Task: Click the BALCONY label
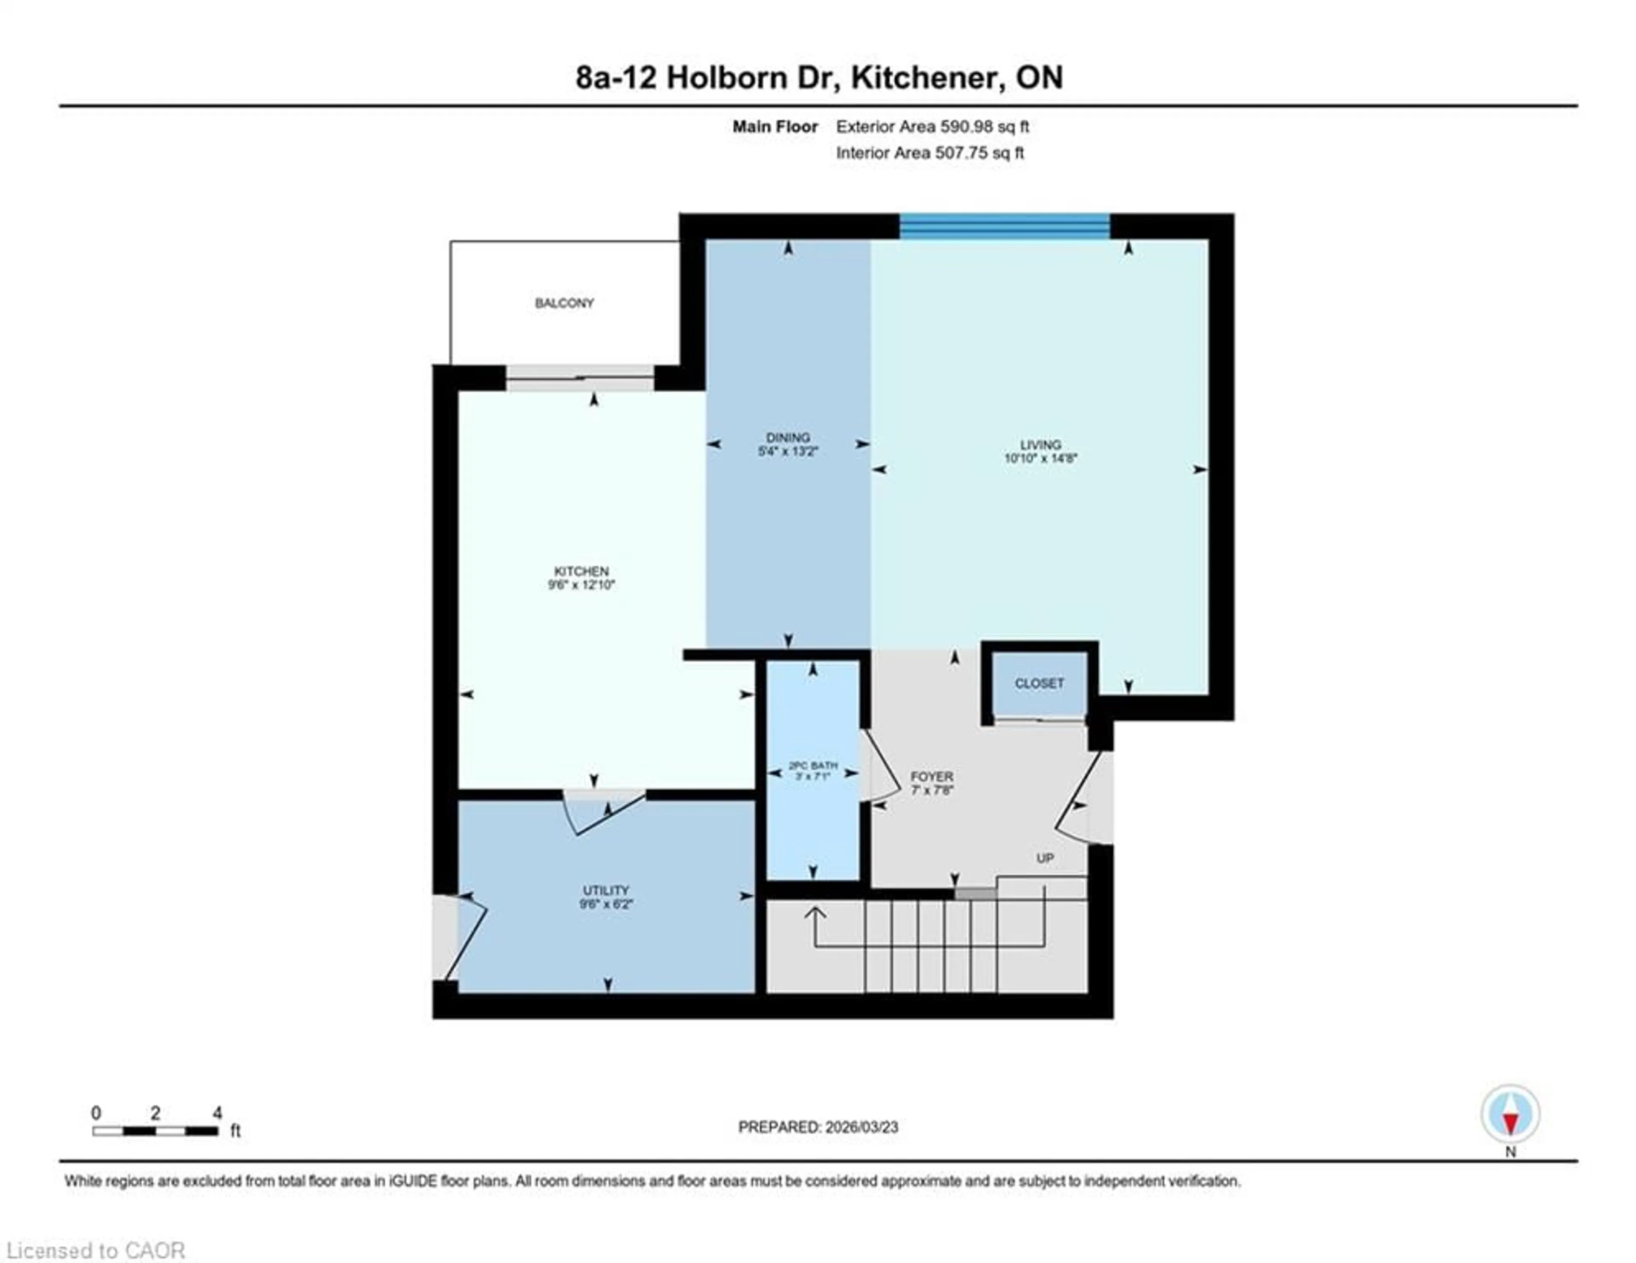point(564,303)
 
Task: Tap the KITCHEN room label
point(581,571)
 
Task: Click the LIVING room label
point(1040,444)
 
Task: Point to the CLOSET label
point(1039,683)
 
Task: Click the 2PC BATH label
point(813,766)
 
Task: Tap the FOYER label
point(932,777)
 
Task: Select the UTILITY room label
point(606,890)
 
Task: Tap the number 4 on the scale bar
point(217,1113)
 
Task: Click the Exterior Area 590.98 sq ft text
point(933,127)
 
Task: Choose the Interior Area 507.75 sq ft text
point(930,153)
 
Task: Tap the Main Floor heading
point(775,127)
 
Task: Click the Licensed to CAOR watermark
point(95,1250)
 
